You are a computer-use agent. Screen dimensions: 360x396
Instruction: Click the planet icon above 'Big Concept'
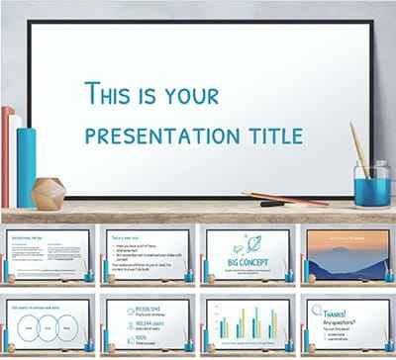pos(247,243)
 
